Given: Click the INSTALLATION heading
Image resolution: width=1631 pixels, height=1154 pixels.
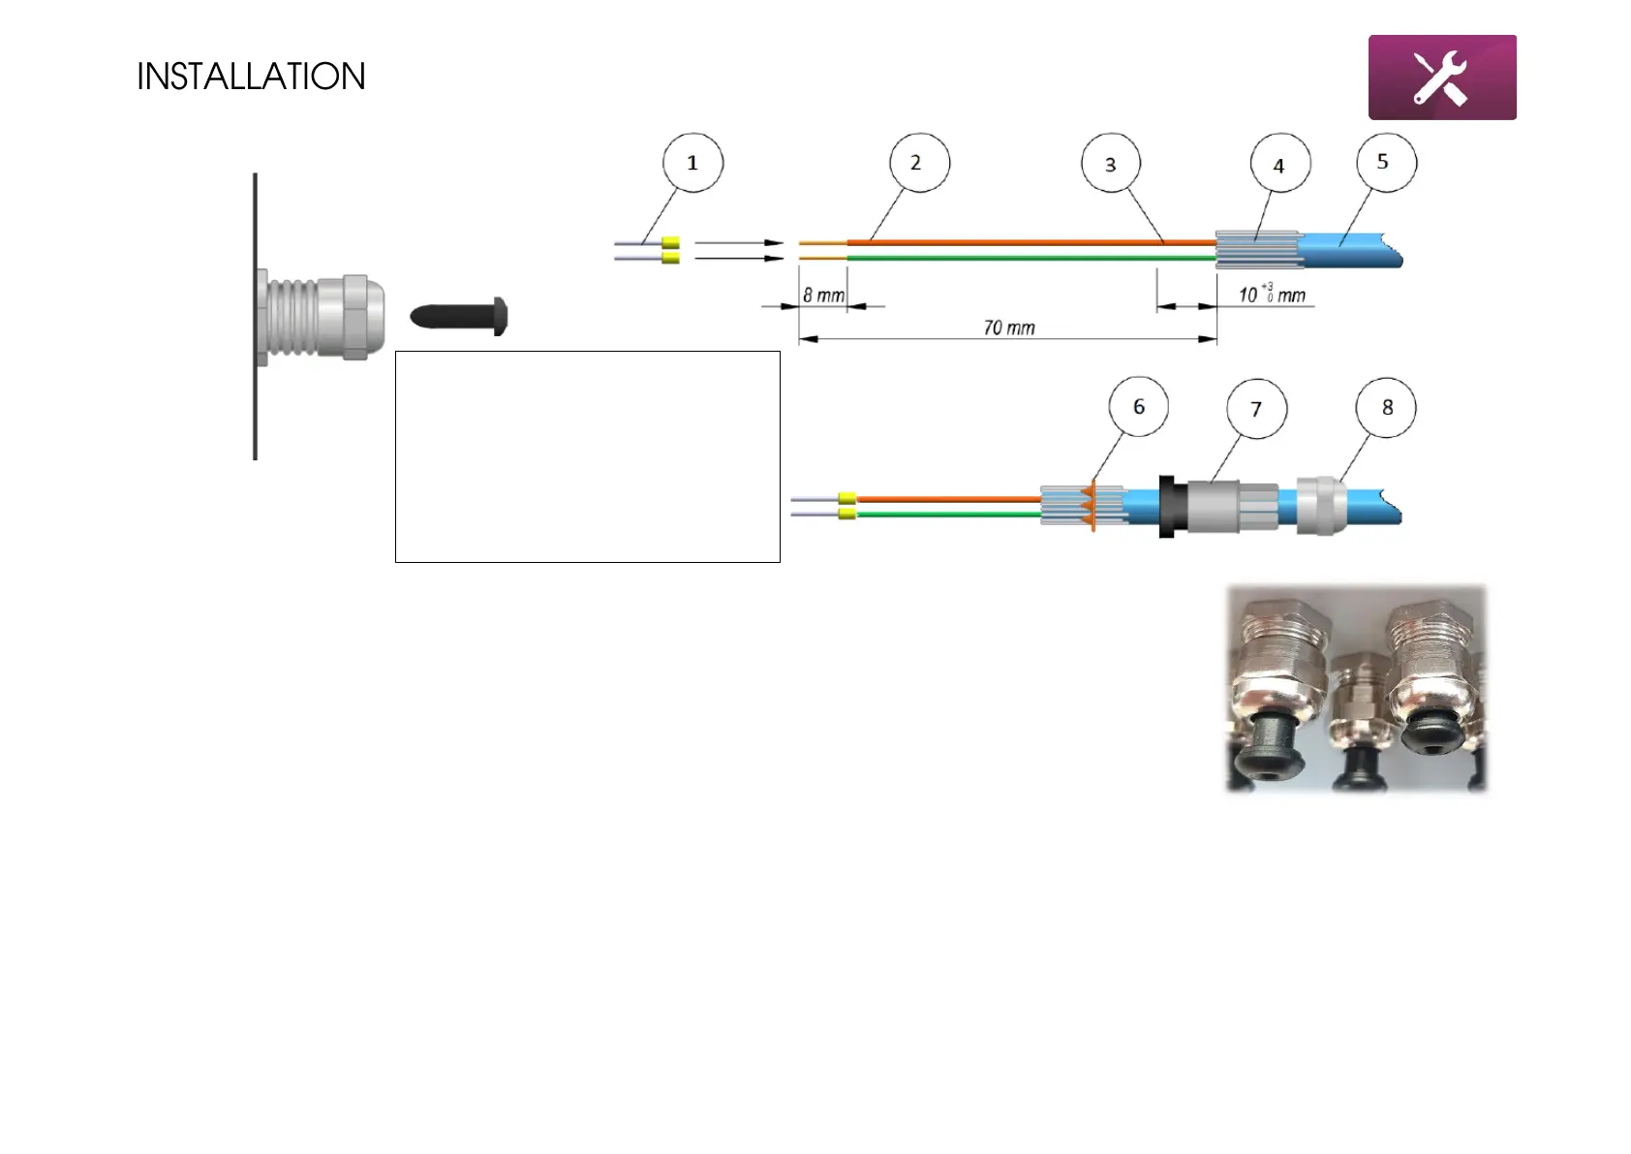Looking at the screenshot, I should [x=251, y=77].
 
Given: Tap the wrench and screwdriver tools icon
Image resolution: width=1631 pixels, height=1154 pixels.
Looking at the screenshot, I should [x=1441, y=78].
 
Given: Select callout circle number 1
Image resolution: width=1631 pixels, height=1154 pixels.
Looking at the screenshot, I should [x=692, y=163].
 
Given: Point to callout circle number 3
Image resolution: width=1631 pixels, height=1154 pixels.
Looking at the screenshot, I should [x=1111, y=164].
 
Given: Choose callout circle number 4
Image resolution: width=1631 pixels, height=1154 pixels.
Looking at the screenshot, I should [x=1279, y=166].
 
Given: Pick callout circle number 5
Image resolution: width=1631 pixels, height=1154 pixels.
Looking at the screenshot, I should [x=1386, y=163].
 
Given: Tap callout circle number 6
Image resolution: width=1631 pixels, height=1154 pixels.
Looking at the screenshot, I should [x=1139, y=407].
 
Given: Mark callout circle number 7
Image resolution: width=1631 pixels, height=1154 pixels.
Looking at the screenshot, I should [x=1256, y=409].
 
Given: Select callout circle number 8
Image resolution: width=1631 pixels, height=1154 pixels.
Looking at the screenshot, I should [x=1387, y=408].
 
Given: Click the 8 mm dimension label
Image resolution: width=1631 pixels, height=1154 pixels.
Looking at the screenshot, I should [x=823, y=295].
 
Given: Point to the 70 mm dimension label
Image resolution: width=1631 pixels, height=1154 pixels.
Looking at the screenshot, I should [x=1008, y=327].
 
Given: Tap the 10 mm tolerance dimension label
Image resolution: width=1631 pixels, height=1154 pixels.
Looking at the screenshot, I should [x=1272, y=294].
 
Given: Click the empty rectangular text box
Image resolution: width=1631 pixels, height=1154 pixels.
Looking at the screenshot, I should [x=587, y=456].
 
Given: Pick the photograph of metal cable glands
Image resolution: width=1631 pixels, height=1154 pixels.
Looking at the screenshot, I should [x=1356, y=688].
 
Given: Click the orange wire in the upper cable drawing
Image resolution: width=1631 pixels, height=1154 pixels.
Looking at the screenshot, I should [x=1027, y=242].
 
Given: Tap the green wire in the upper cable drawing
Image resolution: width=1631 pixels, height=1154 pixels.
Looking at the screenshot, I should [x=1027, y=259].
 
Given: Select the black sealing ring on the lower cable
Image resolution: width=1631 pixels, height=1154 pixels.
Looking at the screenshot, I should [x=1167, y=506].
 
